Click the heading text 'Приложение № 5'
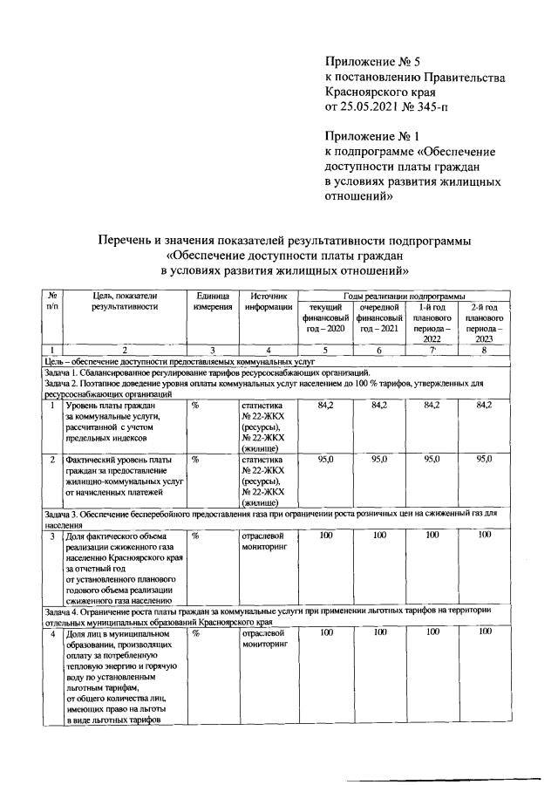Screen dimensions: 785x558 tap(372, 61)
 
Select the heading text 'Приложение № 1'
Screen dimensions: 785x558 tap(372, 136)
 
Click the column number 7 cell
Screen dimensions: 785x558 tap(432, 350)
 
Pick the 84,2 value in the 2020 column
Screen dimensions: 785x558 tap(325, 405)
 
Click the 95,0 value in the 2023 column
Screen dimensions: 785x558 tap(485, 458)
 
